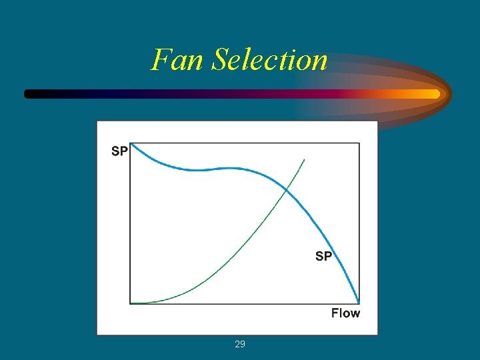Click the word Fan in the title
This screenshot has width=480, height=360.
coord(178,59)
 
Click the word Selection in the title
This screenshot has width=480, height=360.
coord(269,59)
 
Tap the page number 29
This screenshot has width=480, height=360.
coord(240,344)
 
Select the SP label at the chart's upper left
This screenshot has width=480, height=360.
coord(119,151)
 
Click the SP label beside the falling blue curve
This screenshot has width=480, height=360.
coord(323,256)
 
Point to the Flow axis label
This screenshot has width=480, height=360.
coord(345,313)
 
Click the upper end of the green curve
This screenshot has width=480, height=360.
coord(305,159)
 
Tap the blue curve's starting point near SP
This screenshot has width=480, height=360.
coord(131,144)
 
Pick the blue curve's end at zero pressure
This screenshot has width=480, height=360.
coord(359,303)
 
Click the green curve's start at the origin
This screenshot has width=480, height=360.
coord(131,303)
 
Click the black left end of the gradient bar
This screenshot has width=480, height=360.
coord(28,94)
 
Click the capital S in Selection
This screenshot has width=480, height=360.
coord(220,59)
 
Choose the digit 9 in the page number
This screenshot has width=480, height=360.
coord(243,344)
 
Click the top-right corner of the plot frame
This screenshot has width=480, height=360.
coord(359,143)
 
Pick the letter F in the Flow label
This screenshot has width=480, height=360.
coord(335,313)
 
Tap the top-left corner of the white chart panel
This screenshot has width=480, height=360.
coord(97,121)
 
